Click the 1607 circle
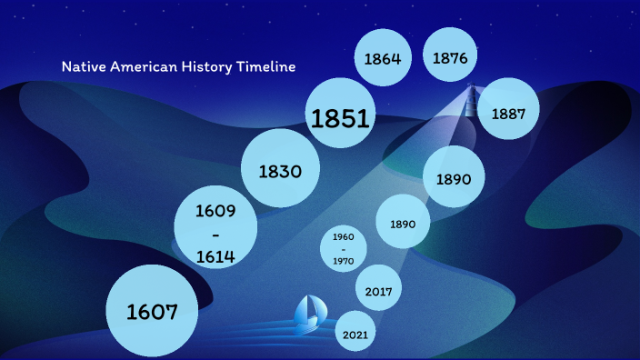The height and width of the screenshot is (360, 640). point(152,311)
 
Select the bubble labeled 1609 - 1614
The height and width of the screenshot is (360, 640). point(216,232)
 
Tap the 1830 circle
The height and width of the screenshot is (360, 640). point(280,170)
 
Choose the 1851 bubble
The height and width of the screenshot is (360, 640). point(340,118)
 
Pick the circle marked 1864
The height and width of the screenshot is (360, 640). point(383,59)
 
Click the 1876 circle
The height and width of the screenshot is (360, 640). point(450,58)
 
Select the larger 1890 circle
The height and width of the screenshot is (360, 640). point(454,178)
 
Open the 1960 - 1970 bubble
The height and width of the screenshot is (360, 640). point(343,248)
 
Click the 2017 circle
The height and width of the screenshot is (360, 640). point(378,292)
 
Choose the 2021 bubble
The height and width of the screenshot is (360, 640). point(355,335)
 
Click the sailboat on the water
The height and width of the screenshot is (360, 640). point(307,312)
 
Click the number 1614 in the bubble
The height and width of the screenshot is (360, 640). point(216,256)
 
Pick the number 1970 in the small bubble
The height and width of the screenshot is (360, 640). point(343,262)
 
